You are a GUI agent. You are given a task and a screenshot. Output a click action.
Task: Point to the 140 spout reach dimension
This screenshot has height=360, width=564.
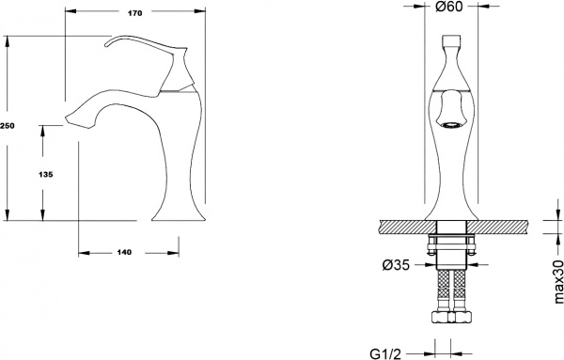[x=125, y=252]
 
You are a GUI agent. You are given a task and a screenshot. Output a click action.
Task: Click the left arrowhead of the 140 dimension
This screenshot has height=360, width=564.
[x=82, y=252]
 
